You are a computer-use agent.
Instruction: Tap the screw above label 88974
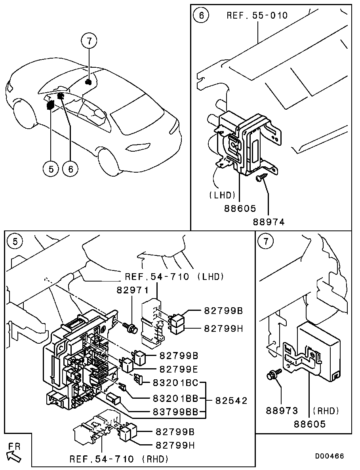(259, 179)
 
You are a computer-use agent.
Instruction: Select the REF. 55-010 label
(257, 15)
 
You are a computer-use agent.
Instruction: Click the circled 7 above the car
(90, 40)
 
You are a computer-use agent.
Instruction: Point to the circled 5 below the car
(51, 169)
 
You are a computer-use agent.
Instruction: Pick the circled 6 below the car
(71, 169)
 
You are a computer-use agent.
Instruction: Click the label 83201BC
(175, 383)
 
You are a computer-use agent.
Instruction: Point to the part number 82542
(231, 400)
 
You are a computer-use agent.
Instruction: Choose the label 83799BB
(175, 412)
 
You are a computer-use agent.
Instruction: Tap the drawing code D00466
(330, 456)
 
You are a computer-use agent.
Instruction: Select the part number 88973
(282, 411)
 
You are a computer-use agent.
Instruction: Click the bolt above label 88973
(273, 375)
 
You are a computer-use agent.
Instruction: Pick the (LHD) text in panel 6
(222, 195)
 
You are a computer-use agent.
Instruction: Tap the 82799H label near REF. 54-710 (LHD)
(223, 328)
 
